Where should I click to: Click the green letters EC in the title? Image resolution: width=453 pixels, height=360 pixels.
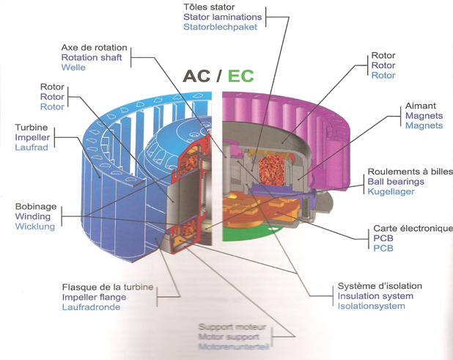240,76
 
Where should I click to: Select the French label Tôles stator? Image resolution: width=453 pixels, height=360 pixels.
210,6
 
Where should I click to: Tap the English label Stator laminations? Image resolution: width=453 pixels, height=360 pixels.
223,17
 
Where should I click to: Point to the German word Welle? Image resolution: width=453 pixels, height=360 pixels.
73,68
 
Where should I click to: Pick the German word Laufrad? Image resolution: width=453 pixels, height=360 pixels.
32,147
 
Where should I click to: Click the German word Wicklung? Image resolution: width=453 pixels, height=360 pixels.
34,227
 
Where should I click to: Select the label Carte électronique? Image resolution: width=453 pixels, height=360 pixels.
412,229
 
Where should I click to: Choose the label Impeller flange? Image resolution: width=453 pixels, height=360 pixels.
94,297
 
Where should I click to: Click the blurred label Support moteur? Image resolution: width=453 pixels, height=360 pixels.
231,328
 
